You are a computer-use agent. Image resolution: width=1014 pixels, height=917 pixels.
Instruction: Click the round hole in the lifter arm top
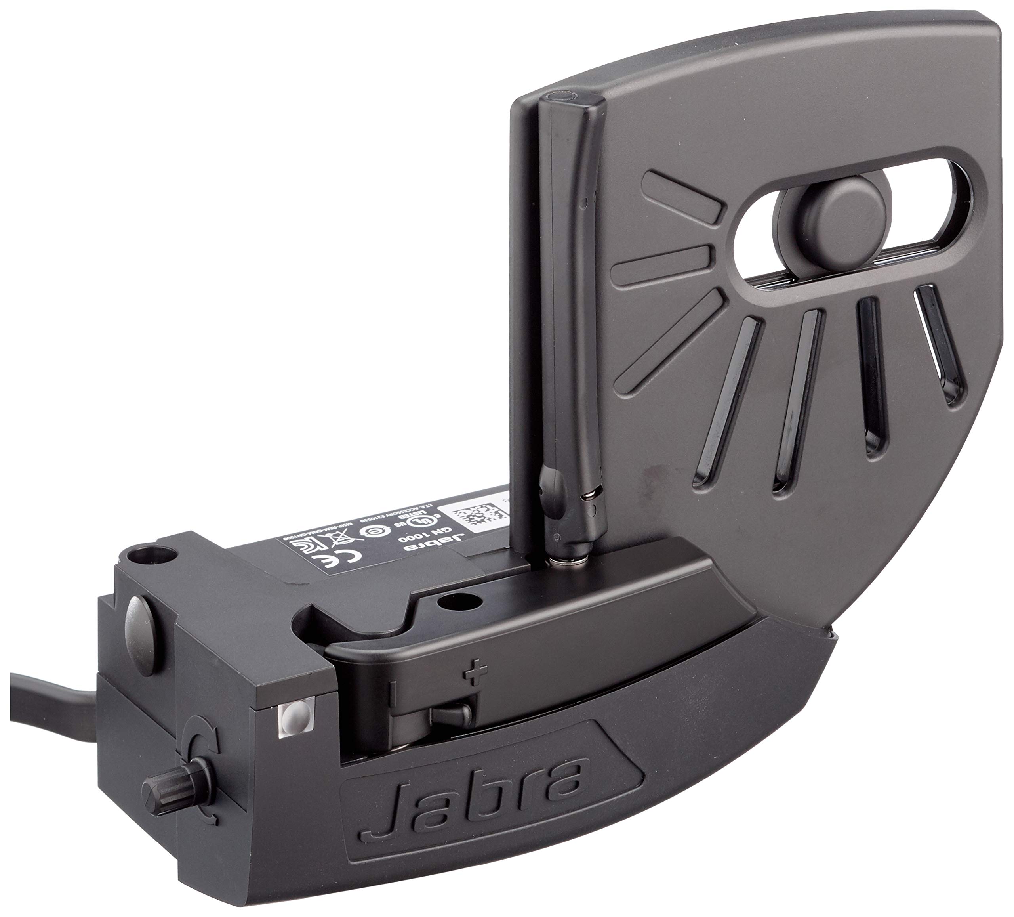(x=456, y=600)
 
